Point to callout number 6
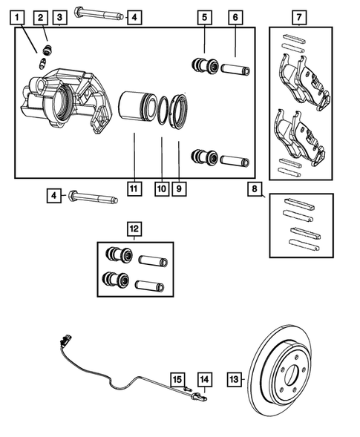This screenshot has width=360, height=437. point(235,16)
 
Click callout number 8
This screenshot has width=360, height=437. point(255,190)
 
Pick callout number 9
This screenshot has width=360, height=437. point(178,188)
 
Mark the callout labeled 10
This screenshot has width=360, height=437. point(161,188)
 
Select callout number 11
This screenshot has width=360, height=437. point(134,188)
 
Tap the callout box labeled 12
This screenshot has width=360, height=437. point(134,229)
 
